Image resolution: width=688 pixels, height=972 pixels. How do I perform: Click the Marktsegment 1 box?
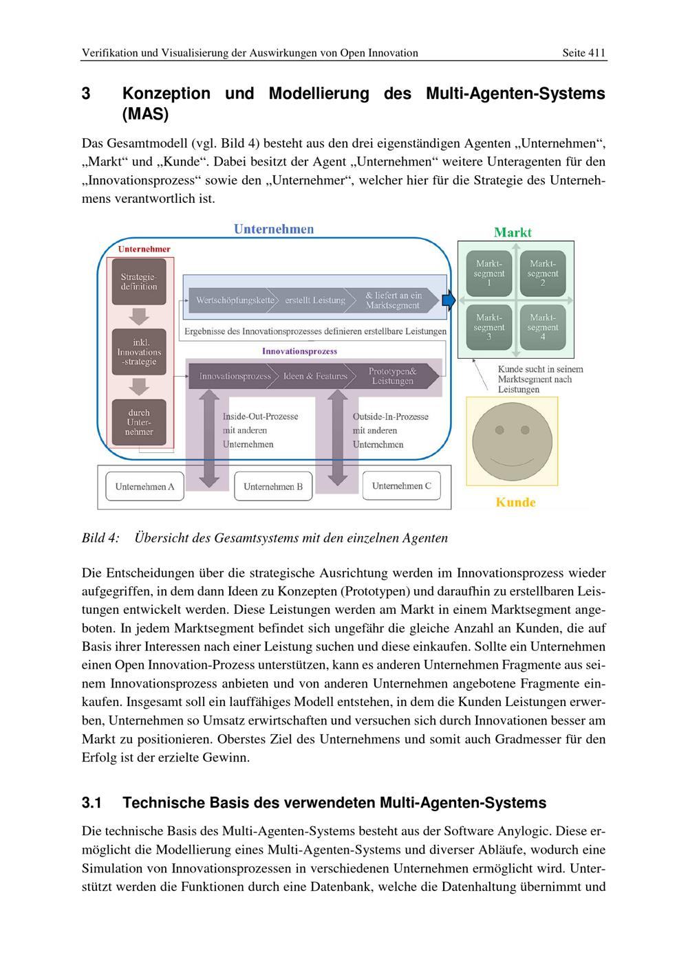point(489,273)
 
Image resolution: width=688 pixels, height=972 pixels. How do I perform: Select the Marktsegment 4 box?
point(543,327)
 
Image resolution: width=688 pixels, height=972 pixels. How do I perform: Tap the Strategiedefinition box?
point(139,281)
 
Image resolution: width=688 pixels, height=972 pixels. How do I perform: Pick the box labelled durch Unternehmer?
point(139,422)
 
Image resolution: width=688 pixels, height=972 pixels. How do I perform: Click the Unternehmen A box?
point(144,487)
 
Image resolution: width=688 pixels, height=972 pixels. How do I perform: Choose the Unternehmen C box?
point(401,486)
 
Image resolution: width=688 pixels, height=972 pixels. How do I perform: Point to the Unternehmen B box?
point(273,487)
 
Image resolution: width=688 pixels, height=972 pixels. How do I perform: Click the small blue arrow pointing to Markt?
point(449,300)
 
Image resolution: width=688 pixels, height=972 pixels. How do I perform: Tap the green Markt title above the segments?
point(513,232)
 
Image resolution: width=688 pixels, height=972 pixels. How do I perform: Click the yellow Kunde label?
point(515,502)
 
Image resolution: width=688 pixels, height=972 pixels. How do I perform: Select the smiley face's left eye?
point(500,430)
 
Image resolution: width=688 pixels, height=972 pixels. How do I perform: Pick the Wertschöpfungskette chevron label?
point(235,300)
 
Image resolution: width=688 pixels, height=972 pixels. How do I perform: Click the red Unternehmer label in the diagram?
point(144,250)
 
